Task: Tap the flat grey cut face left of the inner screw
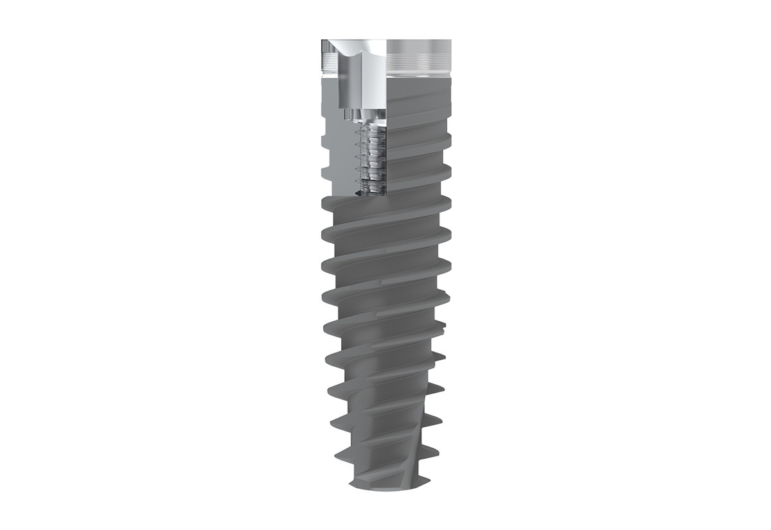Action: coord(337,154)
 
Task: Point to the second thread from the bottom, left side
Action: coord(333,420)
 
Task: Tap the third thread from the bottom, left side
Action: coord(332,389)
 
